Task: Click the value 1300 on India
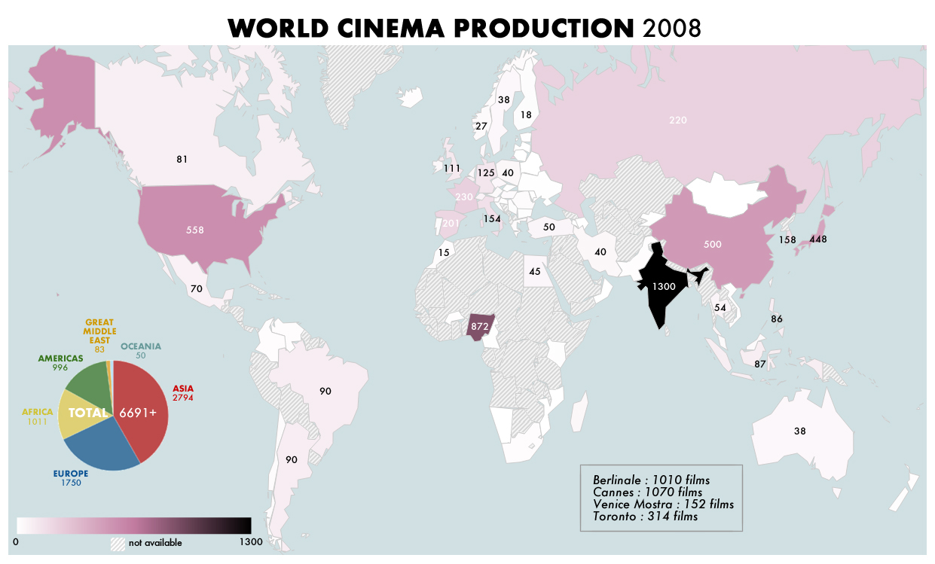pos(665,286)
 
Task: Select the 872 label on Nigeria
pos(479,327)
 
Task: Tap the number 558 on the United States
pos(195,230)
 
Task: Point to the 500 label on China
pos(713,245)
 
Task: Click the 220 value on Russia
pos(678,120)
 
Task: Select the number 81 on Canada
pos(182,159)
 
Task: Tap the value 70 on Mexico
pos(197,288)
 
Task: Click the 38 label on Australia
pos(799,431)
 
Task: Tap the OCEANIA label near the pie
pos(141,346)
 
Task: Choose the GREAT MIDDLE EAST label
pos(99,331)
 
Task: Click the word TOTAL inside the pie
pos(88,413)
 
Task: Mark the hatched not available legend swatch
pos(118,542)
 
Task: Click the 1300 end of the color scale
pos(250,541)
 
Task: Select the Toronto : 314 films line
pos(645,516)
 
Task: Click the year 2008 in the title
pos(672,28)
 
